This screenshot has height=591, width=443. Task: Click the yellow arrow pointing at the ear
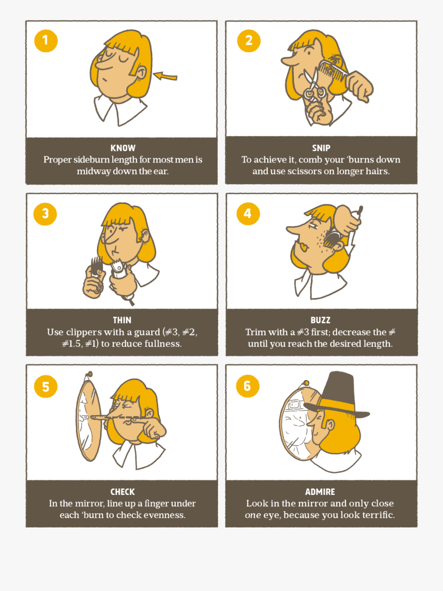[x=165, y=76]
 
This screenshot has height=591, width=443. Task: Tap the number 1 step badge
[x=46, y=40]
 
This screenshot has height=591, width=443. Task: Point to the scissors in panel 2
[x=312, y=89]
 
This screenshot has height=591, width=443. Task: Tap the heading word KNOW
[x=123, y=148]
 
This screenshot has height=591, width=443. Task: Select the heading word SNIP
[x=321, y=148]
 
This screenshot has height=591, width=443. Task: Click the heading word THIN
[x=122, y=320]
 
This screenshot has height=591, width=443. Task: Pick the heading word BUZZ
[x=320, y=320]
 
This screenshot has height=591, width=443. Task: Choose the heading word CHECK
[x=123, y=492]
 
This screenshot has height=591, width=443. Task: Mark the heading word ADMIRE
[x=320, y=492]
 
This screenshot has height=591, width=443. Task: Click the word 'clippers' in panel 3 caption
[x=85, y=332]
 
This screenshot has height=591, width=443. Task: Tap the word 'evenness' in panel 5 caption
[x=165, y=515]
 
